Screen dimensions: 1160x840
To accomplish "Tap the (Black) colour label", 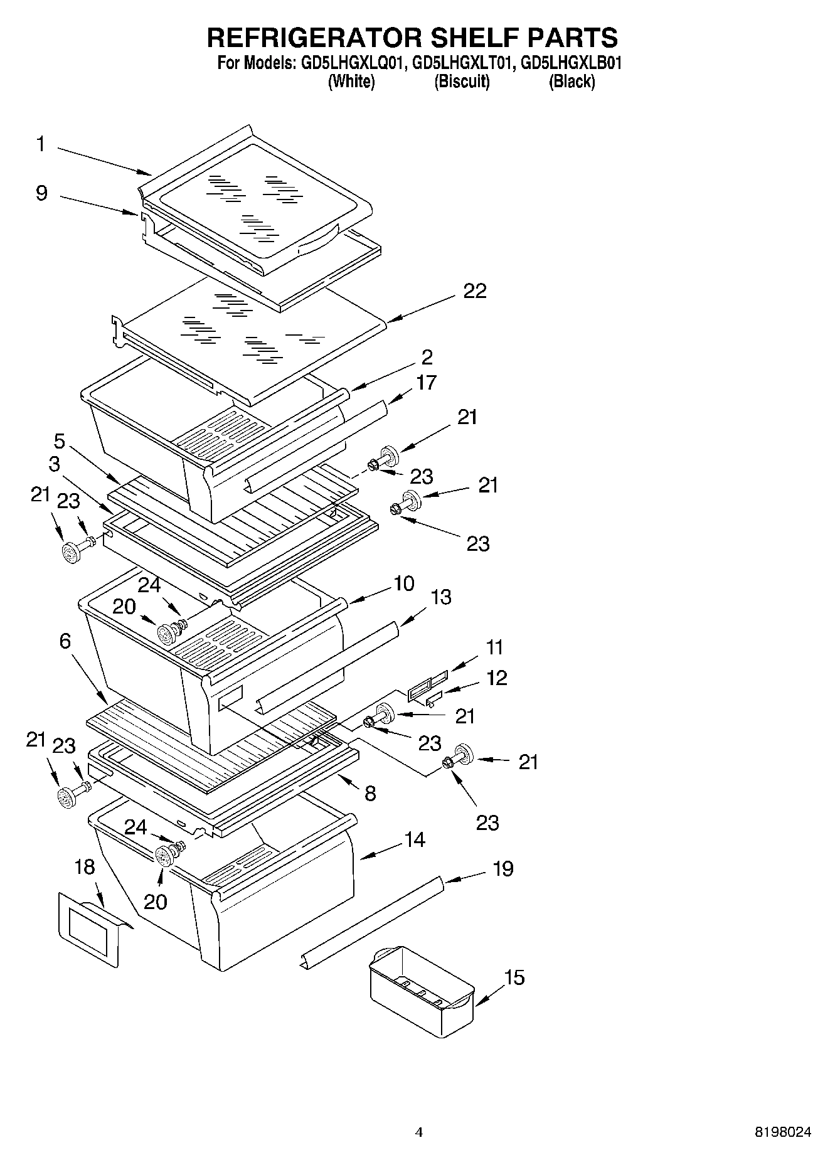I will (572, 81).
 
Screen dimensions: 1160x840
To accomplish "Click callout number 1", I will (41, 144).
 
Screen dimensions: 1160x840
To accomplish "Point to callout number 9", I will (41, 193).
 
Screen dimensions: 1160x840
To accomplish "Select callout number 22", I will (475, 291).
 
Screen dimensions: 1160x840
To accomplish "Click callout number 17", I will (426, 382).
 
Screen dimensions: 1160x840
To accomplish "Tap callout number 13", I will (441, 597).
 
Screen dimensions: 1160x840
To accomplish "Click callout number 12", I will (496, 678).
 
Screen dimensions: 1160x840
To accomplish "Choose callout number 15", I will (514, 977).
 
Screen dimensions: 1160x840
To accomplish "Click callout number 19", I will (502, 869).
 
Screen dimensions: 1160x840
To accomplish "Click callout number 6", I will (65, 641).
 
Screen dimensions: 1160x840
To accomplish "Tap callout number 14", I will (415, 839).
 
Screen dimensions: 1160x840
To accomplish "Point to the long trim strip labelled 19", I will (370, 922).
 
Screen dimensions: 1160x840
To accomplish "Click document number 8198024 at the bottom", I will (782, 1132).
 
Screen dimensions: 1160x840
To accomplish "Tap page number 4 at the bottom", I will (419, 1132).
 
